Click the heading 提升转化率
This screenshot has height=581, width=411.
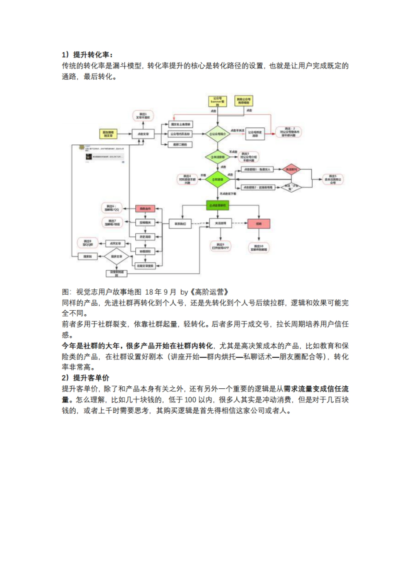pyautogui.click(x=92, y=55)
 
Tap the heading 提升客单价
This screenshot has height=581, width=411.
pyautogui.click(x=91, y=378)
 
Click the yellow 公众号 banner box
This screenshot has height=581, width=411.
pyautogui.click(x=217, y=101)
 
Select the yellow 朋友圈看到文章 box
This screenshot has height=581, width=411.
pyautogui.click(x=108, y=134)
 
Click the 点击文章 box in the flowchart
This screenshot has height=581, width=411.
pyautogui.click(x=143, y=134)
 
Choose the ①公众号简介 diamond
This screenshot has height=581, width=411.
pyautogui.click(x=217, y=134)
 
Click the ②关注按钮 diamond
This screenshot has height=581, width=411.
pyautogui.click(x=217, y=157)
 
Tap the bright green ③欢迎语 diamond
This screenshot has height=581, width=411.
pyautogui.click(x=217, y=179)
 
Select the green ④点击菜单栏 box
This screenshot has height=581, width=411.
pyautogui.click(x=217, y=205)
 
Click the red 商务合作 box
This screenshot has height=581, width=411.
pyautogui.click(x=145, y=208)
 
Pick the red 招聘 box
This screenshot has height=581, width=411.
pyautogui.click(x=259, y=223)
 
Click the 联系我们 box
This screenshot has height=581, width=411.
pyautogui.click(x=180, y=223)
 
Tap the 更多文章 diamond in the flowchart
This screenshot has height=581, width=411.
pyautogui.click(x=116, y=256)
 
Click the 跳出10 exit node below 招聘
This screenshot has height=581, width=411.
pyautogui.click(x=259, y=248)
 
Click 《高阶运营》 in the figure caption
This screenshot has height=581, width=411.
pyautogui.click(x=209, y=292)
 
